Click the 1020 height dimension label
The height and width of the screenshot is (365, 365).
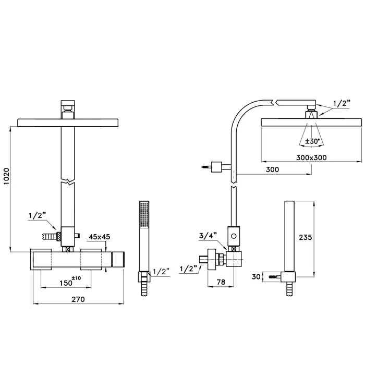[6, 176]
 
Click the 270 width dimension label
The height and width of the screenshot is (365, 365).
[78, 299]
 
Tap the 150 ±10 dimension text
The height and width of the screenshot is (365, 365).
[70, 281]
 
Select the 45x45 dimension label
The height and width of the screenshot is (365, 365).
[100, 237]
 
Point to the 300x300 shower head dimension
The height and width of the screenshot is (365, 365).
[311, 157]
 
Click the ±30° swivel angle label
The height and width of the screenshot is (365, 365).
[312, 141]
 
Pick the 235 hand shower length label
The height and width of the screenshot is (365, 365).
[305, 237]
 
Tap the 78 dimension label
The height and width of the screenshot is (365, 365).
[221, 282]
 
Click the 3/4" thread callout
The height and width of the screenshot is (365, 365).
[208, 236]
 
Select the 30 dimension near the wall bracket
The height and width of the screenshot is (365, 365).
[256, 277]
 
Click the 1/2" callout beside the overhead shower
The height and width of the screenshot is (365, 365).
[342, 103]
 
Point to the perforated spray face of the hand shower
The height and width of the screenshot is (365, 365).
[144, 214]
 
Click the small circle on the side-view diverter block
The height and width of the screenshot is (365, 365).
[234, 236]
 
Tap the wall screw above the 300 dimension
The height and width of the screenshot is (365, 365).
[206, 167]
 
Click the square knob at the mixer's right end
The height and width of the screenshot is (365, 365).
[118, 259]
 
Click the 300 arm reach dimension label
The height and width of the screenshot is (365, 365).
[272, 169]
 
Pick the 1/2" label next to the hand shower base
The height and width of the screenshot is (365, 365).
[161, 272]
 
